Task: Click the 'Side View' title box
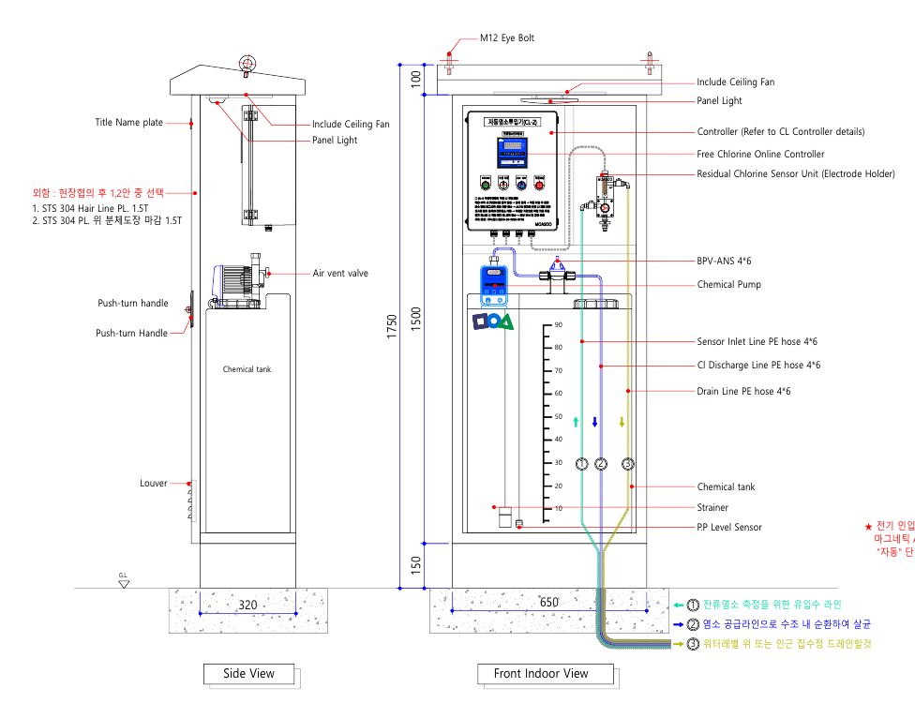248,673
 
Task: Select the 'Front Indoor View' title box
541,673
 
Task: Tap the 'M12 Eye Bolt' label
506,38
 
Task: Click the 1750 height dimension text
394,326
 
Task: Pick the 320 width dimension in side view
247,606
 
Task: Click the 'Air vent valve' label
340,274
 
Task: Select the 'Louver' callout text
154,484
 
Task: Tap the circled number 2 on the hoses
602,464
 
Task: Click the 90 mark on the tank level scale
558,325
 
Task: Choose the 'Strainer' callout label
712,507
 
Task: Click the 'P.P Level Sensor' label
729,527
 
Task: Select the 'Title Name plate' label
128,123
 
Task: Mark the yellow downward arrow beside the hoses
622,423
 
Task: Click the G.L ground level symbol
124,581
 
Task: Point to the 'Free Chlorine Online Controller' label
760,154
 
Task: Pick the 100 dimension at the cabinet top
416,80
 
